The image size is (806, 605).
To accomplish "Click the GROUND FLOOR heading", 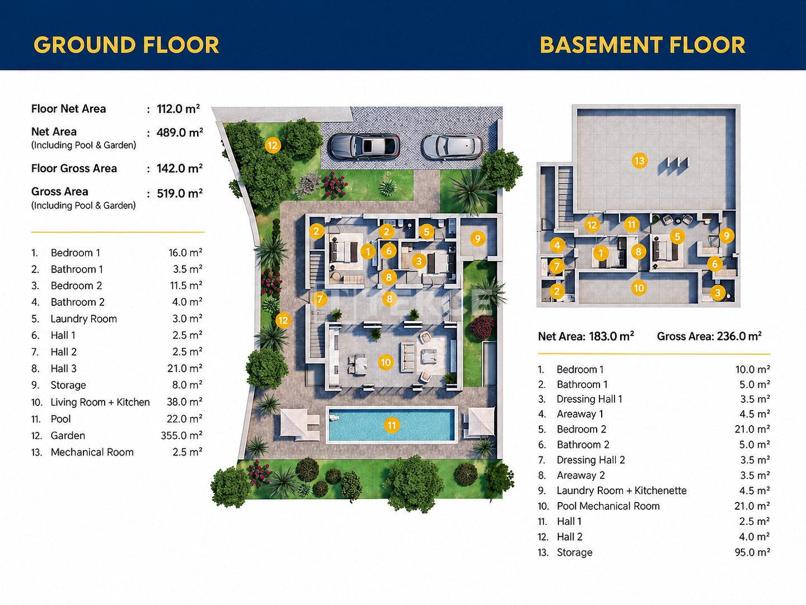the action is tap(126, 45).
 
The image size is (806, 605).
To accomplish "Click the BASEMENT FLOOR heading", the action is tap(643, 45).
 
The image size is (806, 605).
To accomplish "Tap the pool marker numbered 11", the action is tap(392, 425).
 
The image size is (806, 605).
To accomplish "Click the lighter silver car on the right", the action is tap(452, 147).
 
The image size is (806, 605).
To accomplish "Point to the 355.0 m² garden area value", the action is tap(181, 435).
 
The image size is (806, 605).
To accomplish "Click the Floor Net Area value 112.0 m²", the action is tap(179, 109).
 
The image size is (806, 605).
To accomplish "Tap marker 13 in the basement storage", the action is tap(639, 161).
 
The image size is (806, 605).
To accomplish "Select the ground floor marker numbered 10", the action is tap(386, 362).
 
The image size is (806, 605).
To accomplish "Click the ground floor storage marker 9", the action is tap(477, 239).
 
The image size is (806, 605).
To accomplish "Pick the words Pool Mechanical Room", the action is tap(608, 506).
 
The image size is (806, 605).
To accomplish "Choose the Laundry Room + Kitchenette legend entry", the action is tap(622, 490).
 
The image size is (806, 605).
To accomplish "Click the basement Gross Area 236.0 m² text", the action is tap(709, 336).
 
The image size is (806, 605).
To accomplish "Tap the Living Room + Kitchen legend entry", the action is tap(100, 402).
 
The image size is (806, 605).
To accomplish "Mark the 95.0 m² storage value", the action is tap(752, 552).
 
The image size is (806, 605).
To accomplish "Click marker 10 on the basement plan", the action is tap(639, 288).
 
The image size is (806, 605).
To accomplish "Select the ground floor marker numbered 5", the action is tap(427, 232).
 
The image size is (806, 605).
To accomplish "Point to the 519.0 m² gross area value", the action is tap(180, 193).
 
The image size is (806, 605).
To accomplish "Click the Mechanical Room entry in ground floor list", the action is tap(92, 452).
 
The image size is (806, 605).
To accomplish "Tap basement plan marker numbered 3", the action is tap(718, 293).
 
